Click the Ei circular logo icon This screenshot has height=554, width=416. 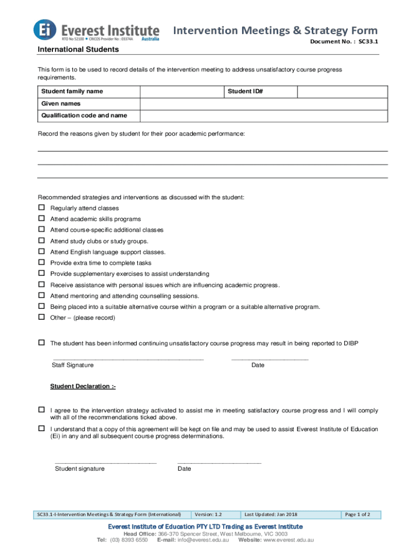point(44,30)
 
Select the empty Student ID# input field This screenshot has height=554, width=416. point(343,91)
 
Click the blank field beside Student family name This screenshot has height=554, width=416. point(182,91)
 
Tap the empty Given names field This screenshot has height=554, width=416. point(264,103)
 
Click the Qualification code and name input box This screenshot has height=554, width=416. point(264,116)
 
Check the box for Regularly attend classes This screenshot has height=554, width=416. point(41,208)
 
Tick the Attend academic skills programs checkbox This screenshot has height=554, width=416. point(41,219)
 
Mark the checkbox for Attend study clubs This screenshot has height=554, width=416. point(41,241)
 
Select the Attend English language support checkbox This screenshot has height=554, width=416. point(41,252)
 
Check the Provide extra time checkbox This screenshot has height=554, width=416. point(41,263)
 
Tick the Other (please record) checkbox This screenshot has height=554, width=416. point(41,318)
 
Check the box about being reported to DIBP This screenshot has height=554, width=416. point(41,343)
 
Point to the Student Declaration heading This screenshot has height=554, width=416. point(83,386)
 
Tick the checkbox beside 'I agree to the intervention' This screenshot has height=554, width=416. point(41,410)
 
